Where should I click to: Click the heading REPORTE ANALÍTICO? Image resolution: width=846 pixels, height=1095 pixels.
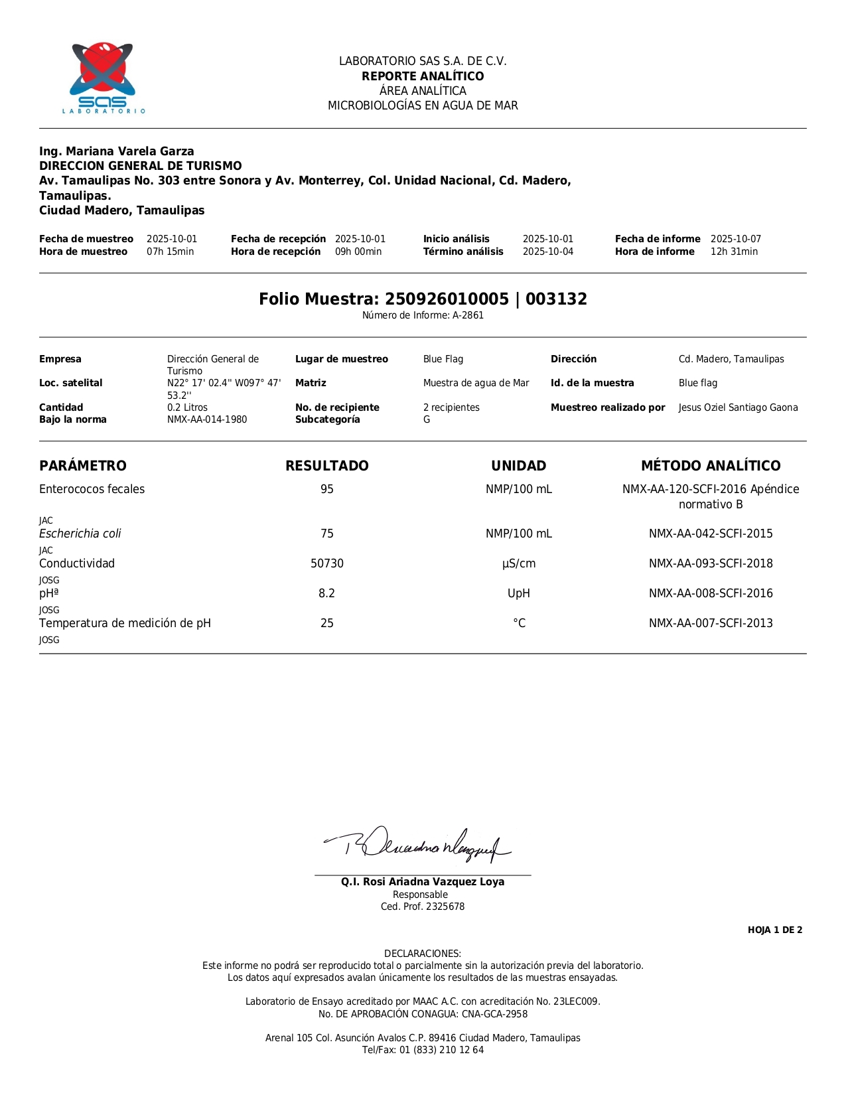[x=423, y=76]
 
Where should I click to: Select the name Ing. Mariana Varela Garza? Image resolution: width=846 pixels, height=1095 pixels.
[x=117, y=151]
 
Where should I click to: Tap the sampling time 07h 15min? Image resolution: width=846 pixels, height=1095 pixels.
[x=171, y=252]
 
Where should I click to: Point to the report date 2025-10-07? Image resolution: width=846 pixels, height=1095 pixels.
[x=736, y=239]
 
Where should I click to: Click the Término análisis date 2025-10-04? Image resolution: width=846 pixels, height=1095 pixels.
[x=548, y=252]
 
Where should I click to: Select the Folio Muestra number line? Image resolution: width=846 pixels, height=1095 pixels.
[x=423, y=299]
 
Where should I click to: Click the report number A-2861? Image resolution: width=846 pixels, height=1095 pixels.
[x=468, y=315]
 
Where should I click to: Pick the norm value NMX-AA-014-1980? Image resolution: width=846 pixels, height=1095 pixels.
[x=207, y=419]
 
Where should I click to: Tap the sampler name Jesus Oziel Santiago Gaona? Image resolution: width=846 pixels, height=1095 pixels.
[x=739, y=407]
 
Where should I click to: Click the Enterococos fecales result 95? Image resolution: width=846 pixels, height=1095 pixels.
[x=327, y=489]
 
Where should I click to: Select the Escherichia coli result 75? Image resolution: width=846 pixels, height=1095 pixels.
[x=327, y=534]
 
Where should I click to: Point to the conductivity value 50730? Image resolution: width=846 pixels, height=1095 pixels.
[x=327, y=563]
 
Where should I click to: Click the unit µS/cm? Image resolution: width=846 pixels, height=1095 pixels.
[x=519, y=563]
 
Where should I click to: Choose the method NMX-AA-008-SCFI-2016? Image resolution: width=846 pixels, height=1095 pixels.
[x=711, y=593]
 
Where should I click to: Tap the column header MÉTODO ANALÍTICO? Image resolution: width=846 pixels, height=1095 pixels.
[x=711, y=466]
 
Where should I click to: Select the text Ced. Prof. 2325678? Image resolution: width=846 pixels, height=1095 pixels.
[x=423, y=907]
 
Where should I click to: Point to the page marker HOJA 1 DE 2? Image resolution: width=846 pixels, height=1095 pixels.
[x=775, y=930]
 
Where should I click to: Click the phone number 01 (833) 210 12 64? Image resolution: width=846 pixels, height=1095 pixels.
[x=441, y=1050]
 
